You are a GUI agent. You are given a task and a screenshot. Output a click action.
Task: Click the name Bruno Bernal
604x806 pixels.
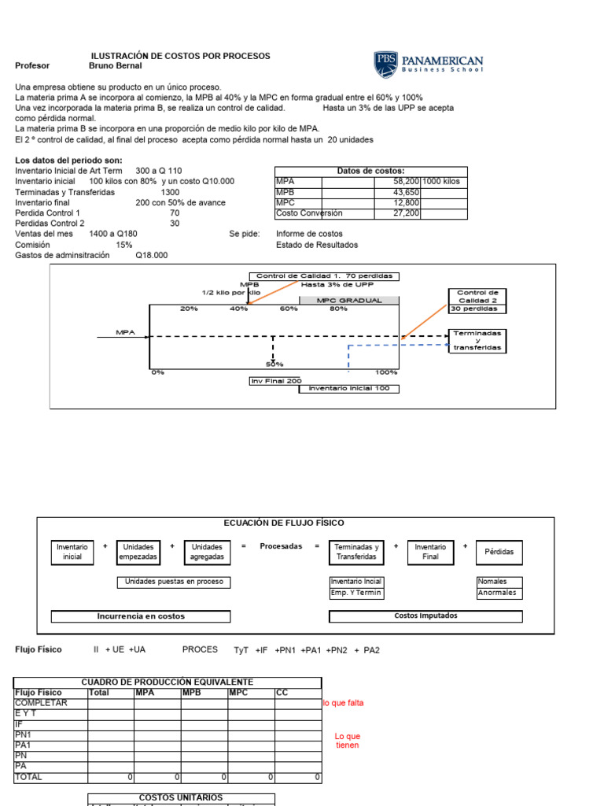(x=116, y=66)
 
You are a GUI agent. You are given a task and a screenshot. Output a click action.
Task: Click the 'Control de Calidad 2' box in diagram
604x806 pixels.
(x=477, y=296)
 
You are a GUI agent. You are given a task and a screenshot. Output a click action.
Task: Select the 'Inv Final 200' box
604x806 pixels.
(x=275, y=381)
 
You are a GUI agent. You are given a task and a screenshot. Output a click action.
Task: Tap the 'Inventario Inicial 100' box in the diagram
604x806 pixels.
(x=349, y=389)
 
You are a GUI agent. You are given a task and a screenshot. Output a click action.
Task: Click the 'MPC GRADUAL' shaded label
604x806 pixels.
(x=349, y=301)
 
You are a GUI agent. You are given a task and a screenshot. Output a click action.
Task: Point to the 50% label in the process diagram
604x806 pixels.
(x=274, y=364)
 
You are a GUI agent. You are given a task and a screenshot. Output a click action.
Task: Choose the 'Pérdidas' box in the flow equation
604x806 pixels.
(x=499, y=552)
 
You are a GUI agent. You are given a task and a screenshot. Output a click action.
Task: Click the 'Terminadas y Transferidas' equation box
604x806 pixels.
(x=356, y=552)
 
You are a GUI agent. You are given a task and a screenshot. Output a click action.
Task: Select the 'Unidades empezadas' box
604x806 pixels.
(x=138, y=552)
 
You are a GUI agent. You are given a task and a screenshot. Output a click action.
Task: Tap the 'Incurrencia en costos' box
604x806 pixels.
(x=141, y=616)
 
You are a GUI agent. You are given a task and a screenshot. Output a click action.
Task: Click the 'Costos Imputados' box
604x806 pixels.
(x=425, y=616)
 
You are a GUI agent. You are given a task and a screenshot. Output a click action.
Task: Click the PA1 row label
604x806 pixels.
(x=23, y=745)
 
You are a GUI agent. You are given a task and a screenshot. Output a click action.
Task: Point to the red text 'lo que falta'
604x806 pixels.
(x=343, y=703)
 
